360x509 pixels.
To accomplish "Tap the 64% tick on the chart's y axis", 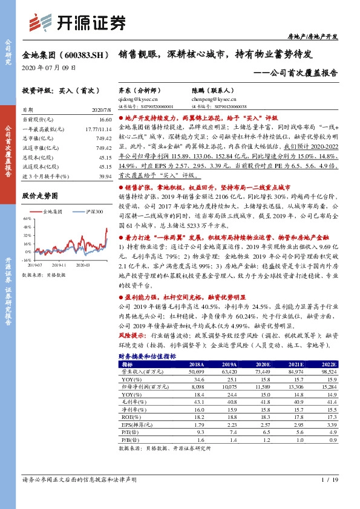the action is point(27,220).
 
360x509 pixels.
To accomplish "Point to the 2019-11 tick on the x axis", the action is point(59,265).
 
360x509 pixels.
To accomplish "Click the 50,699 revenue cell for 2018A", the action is point(197,372).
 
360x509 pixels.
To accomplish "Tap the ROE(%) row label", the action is point(128,417).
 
